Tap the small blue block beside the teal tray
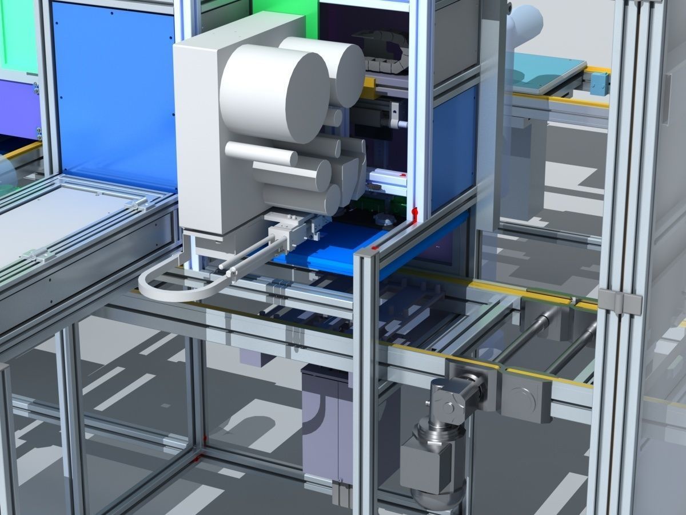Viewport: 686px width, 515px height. pos(600,85)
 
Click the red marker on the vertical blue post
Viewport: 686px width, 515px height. pos(415,213)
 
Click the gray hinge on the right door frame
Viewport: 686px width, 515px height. pos(620,302)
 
